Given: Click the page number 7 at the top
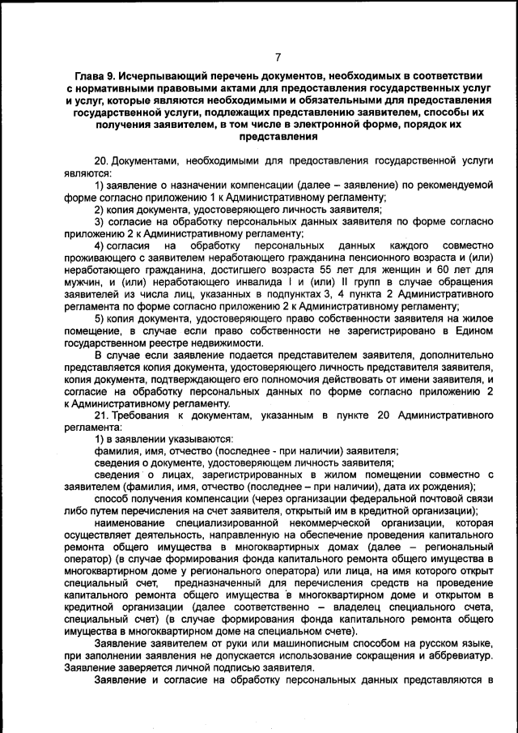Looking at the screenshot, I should [277, 58].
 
